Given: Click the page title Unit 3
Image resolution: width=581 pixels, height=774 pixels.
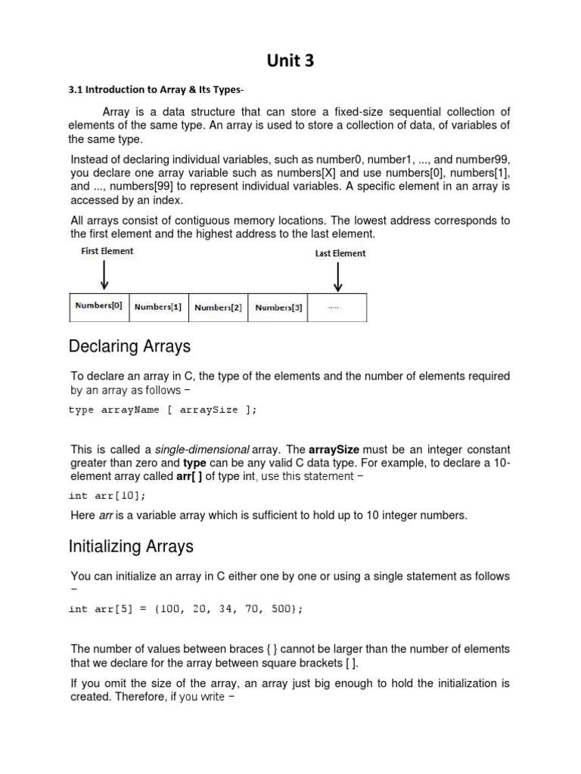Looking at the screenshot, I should [x=290, y=61].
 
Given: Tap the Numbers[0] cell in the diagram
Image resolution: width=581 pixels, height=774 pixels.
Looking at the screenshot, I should [x=98, y=307].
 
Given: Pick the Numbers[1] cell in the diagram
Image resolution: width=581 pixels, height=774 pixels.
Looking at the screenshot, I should [x=158, y=308].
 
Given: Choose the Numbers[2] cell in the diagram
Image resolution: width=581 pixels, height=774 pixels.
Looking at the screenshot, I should [x=218, y=308].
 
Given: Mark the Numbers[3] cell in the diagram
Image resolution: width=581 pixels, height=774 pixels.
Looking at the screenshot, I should [x=278, y=308].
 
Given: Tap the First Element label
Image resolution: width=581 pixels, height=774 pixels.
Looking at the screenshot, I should [x=107, y=251].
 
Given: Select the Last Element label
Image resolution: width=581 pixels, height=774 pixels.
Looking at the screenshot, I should [x=340, y=253].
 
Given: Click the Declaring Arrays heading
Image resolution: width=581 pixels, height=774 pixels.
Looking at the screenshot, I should [x=129, y=347].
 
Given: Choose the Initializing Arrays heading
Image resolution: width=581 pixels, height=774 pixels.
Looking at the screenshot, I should [x=131, y=546].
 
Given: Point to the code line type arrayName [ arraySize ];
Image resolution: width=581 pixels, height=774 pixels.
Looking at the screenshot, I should [x=163, y=410].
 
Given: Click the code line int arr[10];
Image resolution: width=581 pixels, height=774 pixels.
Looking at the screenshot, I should [x=107, y=496].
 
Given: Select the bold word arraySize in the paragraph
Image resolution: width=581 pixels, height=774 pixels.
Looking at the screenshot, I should [x=334, y=449].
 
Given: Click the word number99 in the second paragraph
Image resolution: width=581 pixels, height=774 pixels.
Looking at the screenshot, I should [x=484, y=159].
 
